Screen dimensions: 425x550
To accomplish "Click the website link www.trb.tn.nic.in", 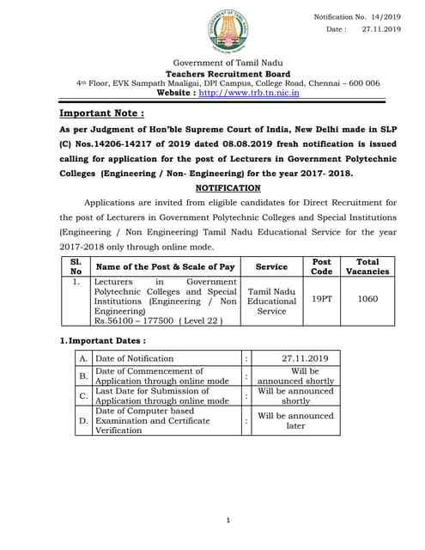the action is (249, 93).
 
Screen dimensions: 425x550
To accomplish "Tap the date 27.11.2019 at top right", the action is (381, 28).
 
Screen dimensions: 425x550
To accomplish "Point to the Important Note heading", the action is (101, 113).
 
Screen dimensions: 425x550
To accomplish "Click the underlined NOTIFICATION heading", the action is (228, 187).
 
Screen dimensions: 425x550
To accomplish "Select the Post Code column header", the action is (321, 266).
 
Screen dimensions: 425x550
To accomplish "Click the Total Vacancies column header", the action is (367, 266).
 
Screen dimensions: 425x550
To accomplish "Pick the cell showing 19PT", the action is (321, 300).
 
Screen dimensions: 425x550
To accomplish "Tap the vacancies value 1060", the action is (367, 300).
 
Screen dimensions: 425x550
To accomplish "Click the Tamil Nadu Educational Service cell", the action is (271, 301).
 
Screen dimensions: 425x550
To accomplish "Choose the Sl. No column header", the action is (76, 266).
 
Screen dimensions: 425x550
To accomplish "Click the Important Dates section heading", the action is (101, 340).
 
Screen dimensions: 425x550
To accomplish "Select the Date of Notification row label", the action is (135, 358).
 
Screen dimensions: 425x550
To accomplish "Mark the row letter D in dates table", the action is (83, 421).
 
